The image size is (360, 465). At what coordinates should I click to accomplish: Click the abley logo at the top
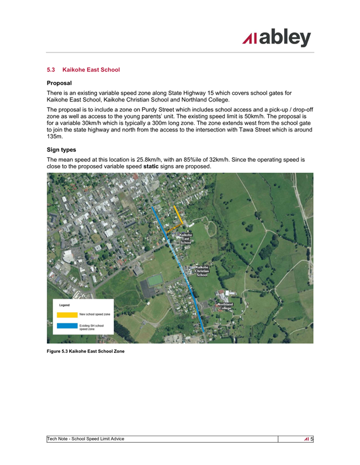click(x=276, y=38)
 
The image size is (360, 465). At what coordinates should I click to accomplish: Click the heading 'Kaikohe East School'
click(x=92, y=70)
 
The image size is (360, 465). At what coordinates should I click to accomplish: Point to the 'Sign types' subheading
click(x=63, y=149)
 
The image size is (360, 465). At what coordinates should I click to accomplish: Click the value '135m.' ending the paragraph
click(x=55, y=136)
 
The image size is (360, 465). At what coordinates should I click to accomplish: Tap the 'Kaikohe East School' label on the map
click(x=186, y=239)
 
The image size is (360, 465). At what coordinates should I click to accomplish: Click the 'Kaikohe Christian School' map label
click(x=201, y=271)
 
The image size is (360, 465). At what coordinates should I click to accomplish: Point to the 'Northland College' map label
click(x=225, y=306)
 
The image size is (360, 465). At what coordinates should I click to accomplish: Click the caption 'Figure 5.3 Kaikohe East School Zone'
click(x=85, y=351)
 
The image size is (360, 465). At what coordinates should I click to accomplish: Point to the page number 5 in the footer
click(x=312, y=439)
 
